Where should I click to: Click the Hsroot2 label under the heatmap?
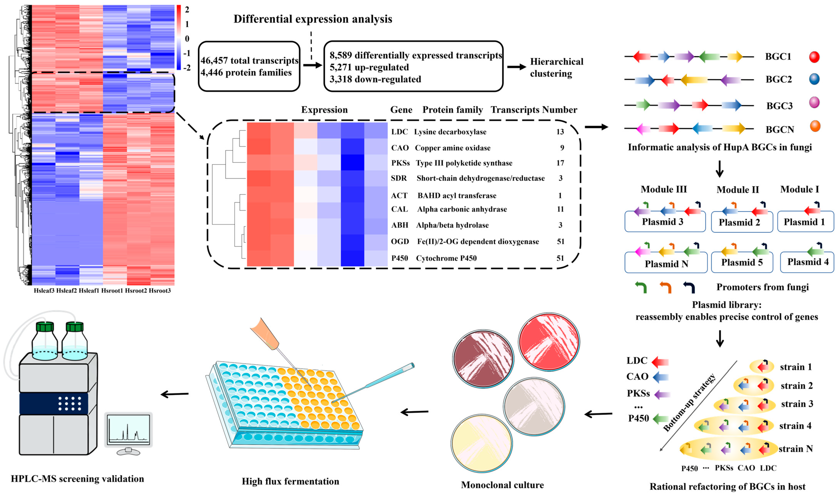point(136,291)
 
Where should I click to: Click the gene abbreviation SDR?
point(399,178)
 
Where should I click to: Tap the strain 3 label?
point(797,404)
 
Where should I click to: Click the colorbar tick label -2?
point(187,68)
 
